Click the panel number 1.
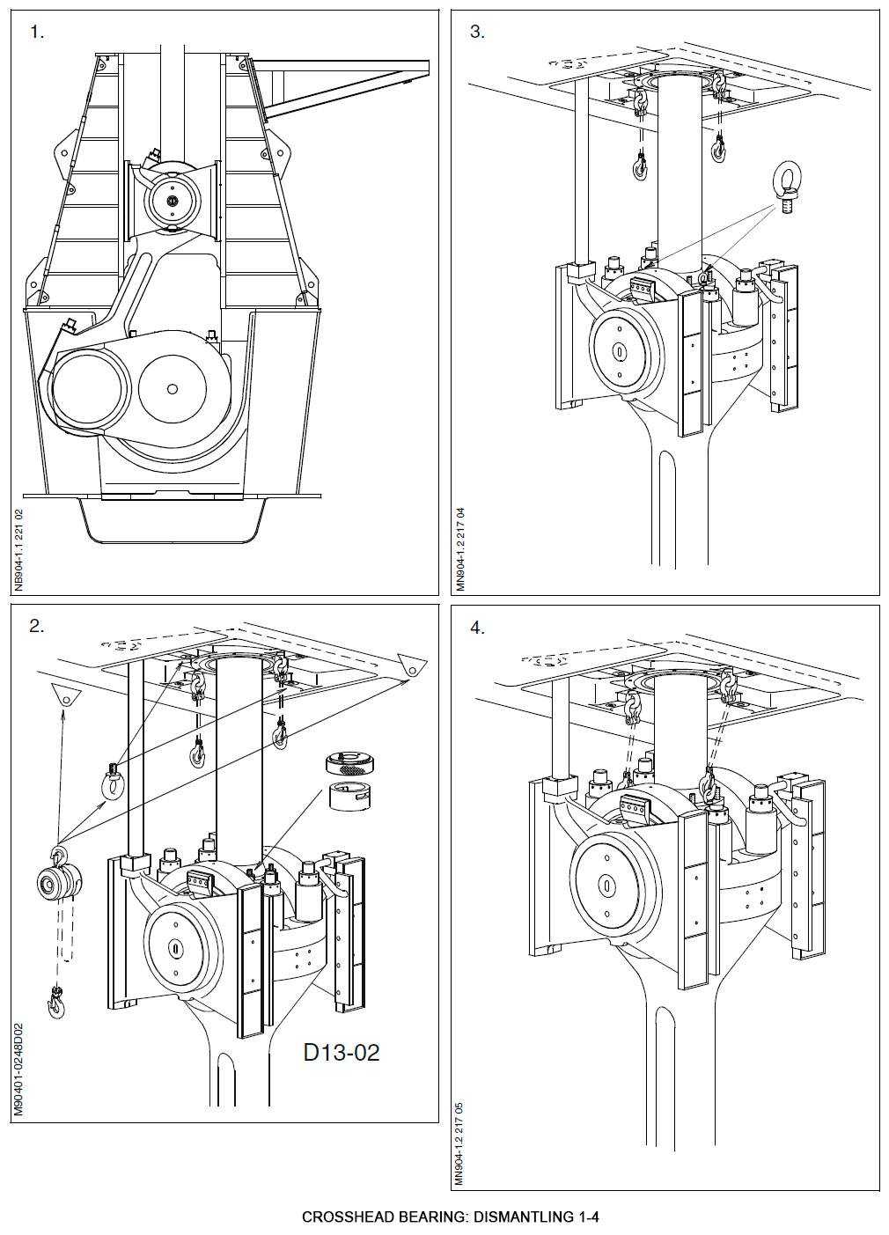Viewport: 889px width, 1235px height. [x=36, y=33]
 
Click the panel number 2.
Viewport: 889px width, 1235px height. [x=36, y=627]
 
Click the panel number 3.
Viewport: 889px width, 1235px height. [x=477, y=33]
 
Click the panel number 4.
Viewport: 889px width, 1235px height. [x=477, y=628]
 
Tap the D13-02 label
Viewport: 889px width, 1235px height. [x=342, y=1052]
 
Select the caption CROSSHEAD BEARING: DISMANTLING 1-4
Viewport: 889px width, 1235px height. [x=450, y=1217]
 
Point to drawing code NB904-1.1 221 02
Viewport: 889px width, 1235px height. [x=19, y=550]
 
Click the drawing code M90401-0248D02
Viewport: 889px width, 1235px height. [x=19, y=1069]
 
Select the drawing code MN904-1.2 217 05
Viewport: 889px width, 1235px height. [x=459, y=1143]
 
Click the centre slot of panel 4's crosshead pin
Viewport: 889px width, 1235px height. [x=606, y=883]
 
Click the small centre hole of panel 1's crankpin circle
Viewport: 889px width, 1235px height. [x=172, y=388]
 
